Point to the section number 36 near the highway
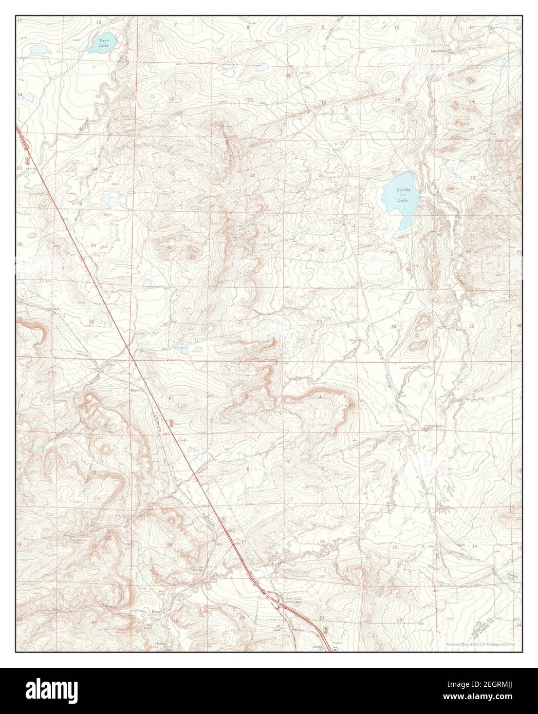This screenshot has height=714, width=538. (91, 322)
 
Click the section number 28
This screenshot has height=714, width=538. (321, 251)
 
